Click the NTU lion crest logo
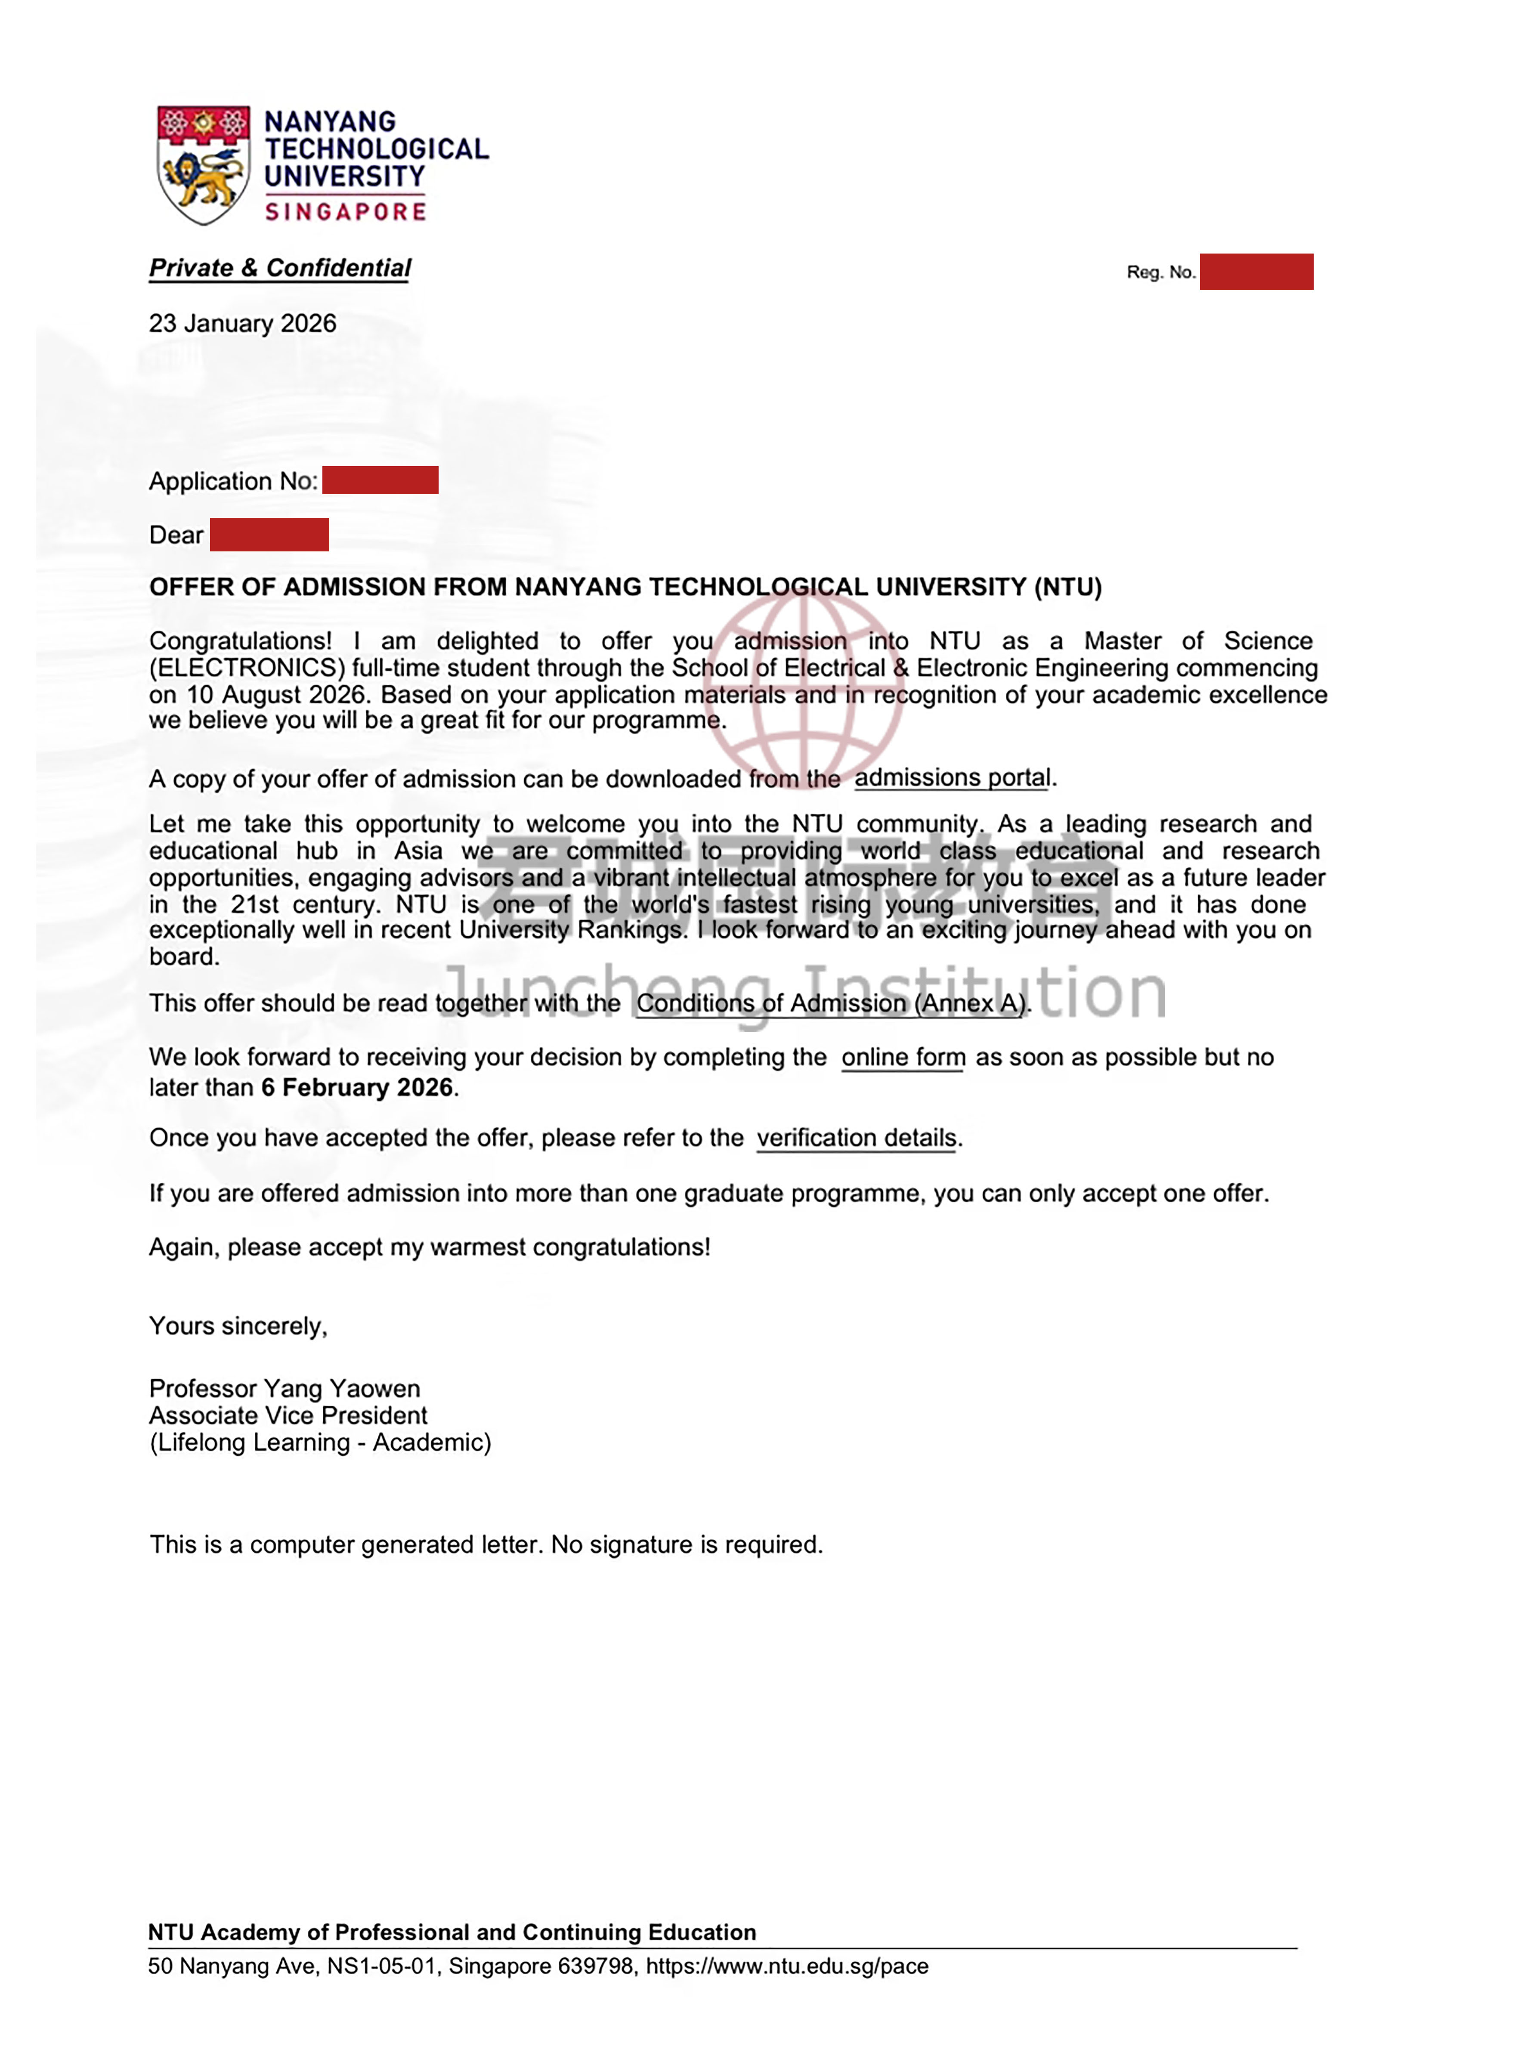click(203, 164)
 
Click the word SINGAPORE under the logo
click(345, 212)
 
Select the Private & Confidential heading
click(280, 268)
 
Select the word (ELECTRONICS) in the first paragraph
click(247, 668)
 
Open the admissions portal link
click(952, 778)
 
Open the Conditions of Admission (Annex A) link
click(831, 1003)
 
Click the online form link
click(903, 1058)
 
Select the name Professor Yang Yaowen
click(285, 1389)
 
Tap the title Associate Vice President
click(288, 1416)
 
